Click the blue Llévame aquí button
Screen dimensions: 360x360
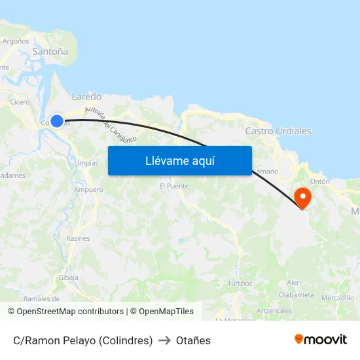pos(179,160)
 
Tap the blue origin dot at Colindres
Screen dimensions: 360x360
pos(57,121)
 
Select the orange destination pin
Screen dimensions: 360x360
pos(303,198)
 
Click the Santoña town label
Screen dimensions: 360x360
pos(50,51)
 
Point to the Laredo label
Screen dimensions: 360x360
pos(86,96)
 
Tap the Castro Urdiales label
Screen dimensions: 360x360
pos(278,131)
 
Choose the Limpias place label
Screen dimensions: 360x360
pos(86,163)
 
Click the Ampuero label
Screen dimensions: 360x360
pos(88,190)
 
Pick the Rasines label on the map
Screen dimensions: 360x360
pos(78,238)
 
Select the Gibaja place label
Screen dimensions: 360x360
pos(68,278)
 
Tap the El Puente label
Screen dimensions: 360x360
pos(174,186)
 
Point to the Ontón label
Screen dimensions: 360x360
pos(319,181)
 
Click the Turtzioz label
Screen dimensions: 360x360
pos(240,283)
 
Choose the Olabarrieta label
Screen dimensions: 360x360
pos(297,295)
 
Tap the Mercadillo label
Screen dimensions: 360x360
pos(338,298)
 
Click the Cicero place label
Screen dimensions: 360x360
pos(20,102)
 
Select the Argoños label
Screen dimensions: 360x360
pos(16,41)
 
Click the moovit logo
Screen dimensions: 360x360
pos(321,339)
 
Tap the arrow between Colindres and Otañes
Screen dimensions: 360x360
pos(164,340)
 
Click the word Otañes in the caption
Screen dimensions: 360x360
pos(193,340)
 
